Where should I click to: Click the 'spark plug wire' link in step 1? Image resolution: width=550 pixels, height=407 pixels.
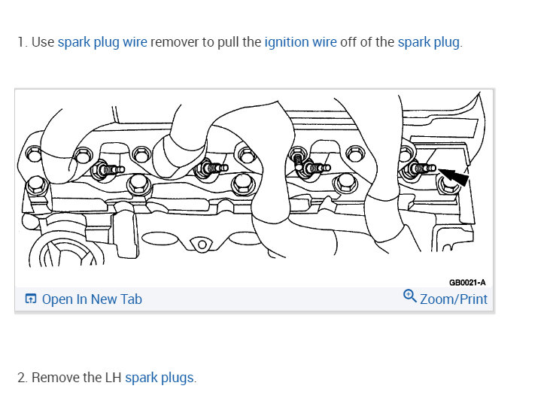(x=102, y=42)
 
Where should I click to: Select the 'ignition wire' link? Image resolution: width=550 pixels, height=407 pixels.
(x=300, y=42)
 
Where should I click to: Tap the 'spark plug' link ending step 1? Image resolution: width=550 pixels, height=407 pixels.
(x=428, y=42)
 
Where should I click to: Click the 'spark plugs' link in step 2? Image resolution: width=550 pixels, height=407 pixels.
(x=160, y=378)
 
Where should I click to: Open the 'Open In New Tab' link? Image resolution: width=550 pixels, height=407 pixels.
(x=91, y=299)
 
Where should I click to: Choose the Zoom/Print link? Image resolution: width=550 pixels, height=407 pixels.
(x=453, y=299)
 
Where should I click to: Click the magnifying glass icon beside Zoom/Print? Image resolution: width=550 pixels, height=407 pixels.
(x=410, y=296)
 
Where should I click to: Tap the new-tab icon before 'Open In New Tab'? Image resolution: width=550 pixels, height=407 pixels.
(x=31, y=299)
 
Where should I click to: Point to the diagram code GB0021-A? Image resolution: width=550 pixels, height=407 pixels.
(x=467, y=282)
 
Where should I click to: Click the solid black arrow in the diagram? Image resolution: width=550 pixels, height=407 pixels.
(x=454, y=178)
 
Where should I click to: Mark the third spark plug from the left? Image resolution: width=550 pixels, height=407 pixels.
(x=316, y=168)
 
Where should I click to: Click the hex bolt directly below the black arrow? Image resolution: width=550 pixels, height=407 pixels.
(x=447, y=185)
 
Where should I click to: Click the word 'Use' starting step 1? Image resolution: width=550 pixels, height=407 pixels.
(x=43, y=42)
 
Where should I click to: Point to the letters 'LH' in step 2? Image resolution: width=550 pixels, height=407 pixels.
(x=112, y=378)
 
